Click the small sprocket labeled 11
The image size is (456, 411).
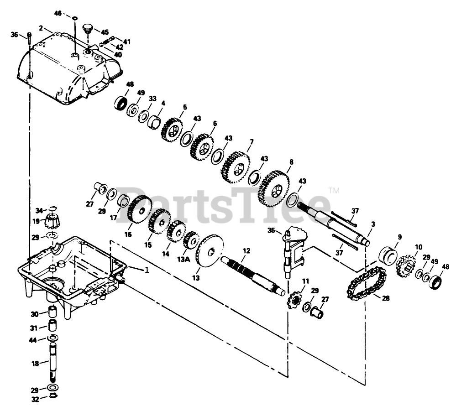[295, 301]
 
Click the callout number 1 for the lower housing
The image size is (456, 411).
[147, 270]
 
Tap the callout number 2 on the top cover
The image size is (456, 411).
[41, 28]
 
